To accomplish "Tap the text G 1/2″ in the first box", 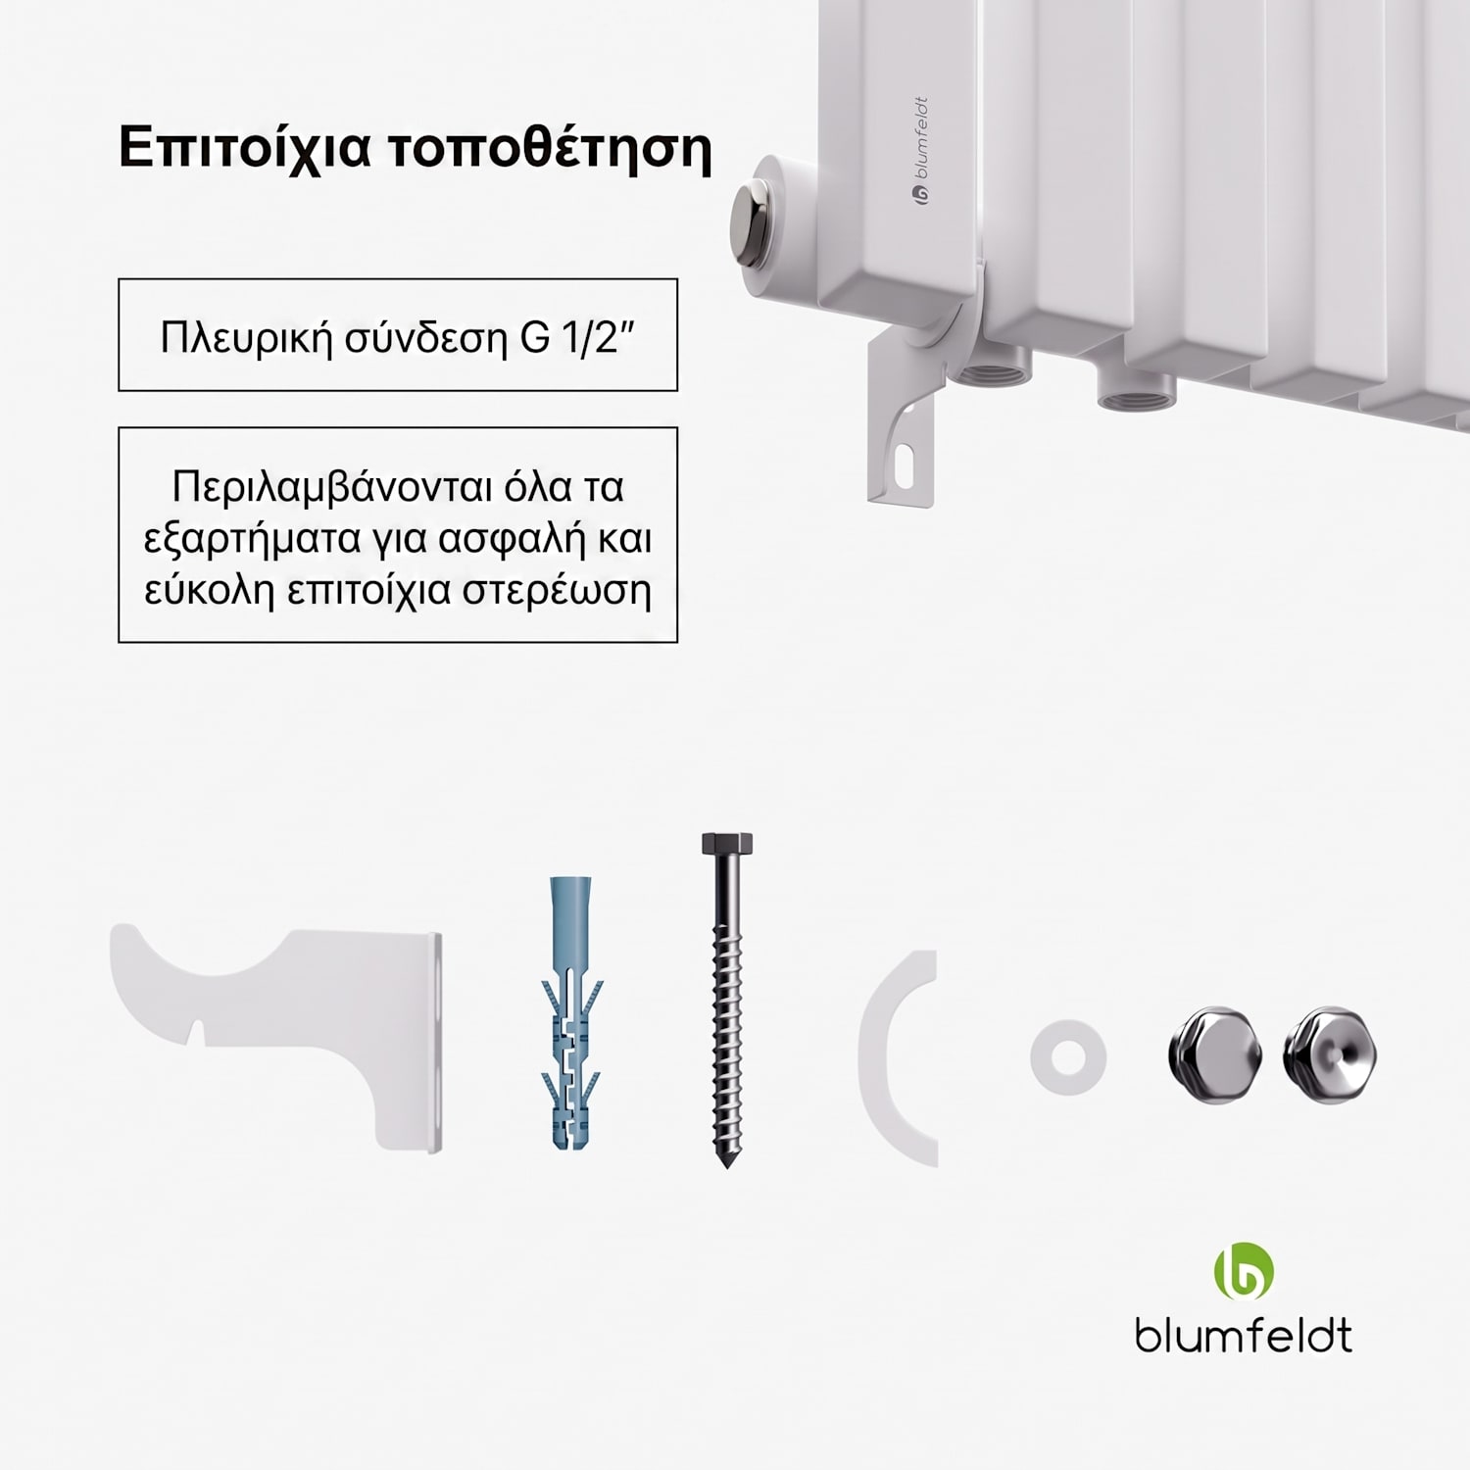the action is click(x=579, y=336).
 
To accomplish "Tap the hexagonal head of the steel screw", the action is click(x=727, y=844).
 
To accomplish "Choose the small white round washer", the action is click(x=1068, y=1057).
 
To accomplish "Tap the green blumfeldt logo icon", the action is click(x=1244, y=1271).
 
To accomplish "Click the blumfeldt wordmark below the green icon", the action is click(x=1244, y=1335).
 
